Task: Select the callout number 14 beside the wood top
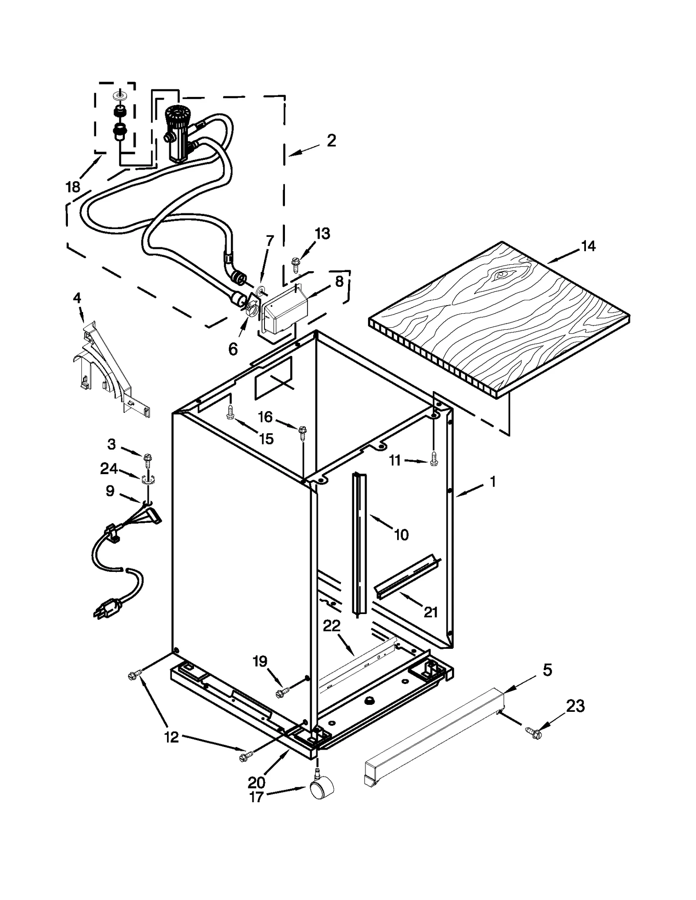click(588, 246)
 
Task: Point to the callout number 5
click(547, 670)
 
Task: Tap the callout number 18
click(73, 187)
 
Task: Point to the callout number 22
click(332, 626)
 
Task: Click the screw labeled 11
click(433, 460)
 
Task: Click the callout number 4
click(77, 298)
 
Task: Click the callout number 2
click(331, 140)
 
